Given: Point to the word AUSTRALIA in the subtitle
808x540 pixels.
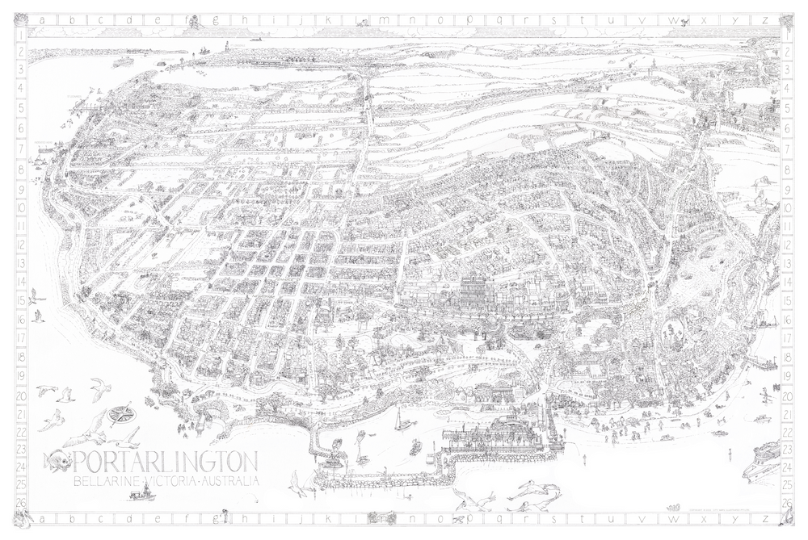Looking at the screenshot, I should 230,481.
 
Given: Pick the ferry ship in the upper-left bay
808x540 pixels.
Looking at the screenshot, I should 124,61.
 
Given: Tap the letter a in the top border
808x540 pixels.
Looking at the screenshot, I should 35,20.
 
